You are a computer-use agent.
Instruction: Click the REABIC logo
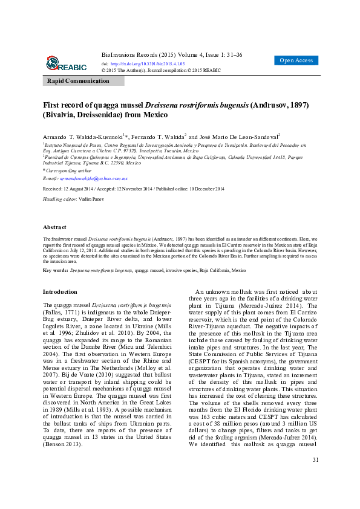67,63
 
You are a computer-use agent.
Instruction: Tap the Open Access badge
296,60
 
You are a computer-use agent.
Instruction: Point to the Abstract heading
54,227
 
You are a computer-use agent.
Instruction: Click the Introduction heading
61,291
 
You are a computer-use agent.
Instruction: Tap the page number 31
315,477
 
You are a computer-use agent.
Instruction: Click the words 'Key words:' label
55,270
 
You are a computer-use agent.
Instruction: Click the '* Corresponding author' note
66,172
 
